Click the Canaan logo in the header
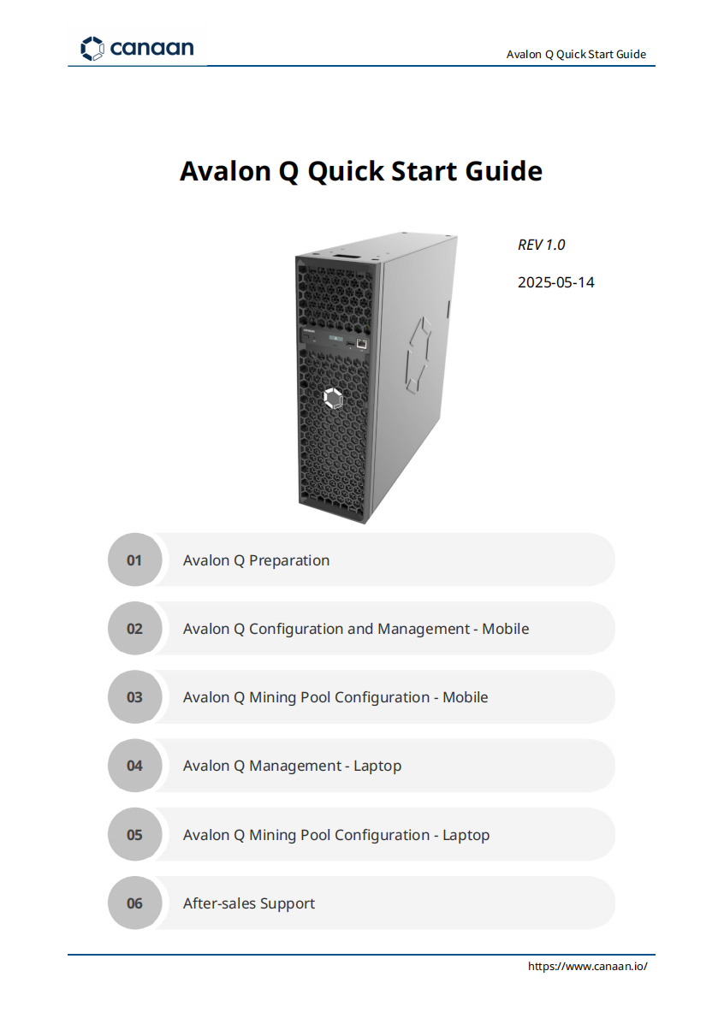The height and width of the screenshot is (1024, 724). (137, 48)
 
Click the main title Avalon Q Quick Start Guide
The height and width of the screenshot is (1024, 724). (360, 171)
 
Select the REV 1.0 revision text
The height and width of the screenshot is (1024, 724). (541, 245)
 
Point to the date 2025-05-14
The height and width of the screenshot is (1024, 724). (556, 282)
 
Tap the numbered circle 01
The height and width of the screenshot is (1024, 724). (134, 559)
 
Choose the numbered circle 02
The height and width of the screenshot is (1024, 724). (134, 628)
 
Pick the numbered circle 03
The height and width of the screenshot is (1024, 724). (134, 697)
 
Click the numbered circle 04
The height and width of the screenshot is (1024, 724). (134, 766)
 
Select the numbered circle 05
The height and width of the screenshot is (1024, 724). (134, 835)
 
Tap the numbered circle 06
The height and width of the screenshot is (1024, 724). (134, 903)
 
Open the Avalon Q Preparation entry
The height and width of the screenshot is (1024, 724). (256, 560)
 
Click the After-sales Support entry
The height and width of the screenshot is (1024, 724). (249, 904)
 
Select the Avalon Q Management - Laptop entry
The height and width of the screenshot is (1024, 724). (292, 766)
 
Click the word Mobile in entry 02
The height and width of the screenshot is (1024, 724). (506, 629)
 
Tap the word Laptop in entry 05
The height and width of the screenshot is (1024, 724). (466, 835)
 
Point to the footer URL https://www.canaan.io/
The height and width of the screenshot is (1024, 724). (587, 967)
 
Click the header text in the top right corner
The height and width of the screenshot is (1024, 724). (576, 54)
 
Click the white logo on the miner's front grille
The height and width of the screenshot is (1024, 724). (333, 398)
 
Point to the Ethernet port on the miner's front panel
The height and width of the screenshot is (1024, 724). (362, 344)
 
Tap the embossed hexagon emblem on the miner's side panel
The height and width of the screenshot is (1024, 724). (418, 355)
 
